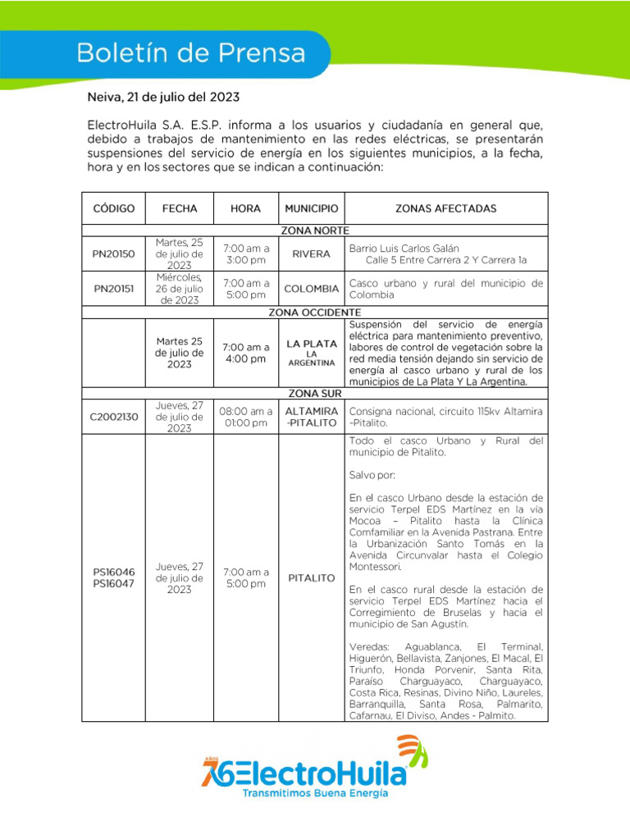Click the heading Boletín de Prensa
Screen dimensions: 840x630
(190, 54)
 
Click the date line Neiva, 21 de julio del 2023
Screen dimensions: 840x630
(163, 97)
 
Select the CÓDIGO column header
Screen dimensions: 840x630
(113, 208)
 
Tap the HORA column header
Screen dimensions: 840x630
(245, 208)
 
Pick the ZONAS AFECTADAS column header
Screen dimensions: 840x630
(445, 208)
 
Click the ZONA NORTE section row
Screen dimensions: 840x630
(314, 231)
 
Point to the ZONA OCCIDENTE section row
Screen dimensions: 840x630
(314, 313)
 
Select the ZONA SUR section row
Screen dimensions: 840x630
(314, 394)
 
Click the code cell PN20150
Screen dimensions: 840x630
(113, 254)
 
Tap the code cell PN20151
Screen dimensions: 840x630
(113, 289)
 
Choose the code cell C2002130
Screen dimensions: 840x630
(113, 417)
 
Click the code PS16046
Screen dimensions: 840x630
(113, 572)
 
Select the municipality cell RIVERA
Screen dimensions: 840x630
(311, 254)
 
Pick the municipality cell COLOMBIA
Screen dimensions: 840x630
(311, 289)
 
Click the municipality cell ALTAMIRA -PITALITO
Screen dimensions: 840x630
(311, 416)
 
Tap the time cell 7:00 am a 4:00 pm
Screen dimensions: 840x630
(245, 353)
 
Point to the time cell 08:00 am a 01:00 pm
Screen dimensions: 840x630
(245, 417)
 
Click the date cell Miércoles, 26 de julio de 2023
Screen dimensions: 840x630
(179, 289)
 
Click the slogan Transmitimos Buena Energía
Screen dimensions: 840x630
(315, 793)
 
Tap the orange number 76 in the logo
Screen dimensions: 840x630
(215, 771)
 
